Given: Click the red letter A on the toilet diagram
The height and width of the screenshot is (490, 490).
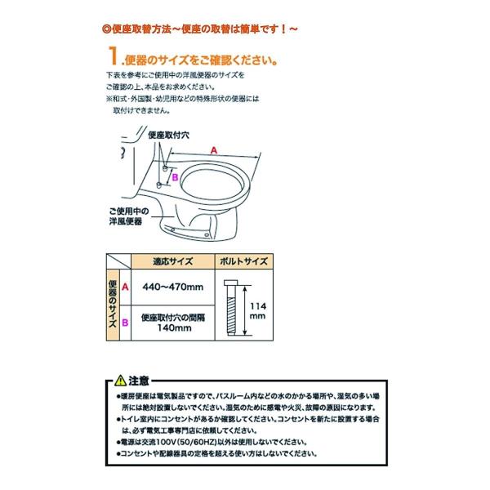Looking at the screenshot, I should pos(213,150).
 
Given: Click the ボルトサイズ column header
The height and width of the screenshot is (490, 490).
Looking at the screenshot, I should pos(243,262).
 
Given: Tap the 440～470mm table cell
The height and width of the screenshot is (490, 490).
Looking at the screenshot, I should pos(172,287).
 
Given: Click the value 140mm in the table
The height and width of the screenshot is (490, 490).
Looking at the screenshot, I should pos(172,328).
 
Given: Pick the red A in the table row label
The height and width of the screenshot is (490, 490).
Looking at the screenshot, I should pos(125,287).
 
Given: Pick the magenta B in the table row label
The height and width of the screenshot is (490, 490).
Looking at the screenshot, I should pos(125,323).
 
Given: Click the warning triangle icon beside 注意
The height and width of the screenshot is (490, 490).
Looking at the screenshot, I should pos(121,380).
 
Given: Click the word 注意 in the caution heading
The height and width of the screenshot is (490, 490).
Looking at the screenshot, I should pos(139,380).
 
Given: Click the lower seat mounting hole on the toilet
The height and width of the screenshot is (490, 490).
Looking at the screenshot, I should pos(160,185).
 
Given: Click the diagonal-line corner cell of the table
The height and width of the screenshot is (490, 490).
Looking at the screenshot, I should pos(119,262).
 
